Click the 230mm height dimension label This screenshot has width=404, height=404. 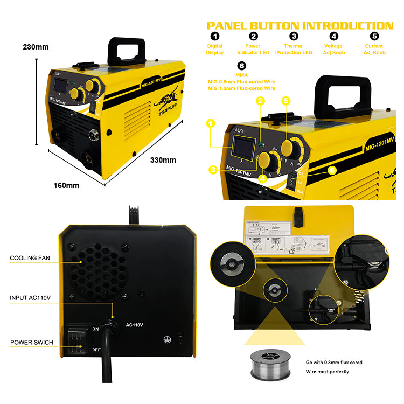tap(37, 47)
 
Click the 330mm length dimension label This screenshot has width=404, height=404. tap(163, 160)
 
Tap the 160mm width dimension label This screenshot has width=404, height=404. tap(66, 185)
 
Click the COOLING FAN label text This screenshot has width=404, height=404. tap(30, 258)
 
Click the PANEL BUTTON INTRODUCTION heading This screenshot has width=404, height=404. tap(300, 26)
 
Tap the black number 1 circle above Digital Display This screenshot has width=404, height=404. tap(215, 37)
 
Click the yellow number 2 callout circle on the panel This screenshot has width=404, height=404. tap(261, 101)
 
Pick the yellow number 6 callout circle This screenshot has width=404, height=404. tap(332, 170)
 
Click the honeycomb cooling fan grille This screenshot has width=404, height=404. tap(98, 271)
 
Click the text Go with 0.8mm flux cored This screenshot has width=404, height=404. tap(333, 363)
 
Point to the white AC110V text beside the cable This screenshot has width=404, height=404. tap(134, 325)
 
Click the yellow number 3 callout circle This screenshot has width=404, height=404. tap(213, 170)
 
